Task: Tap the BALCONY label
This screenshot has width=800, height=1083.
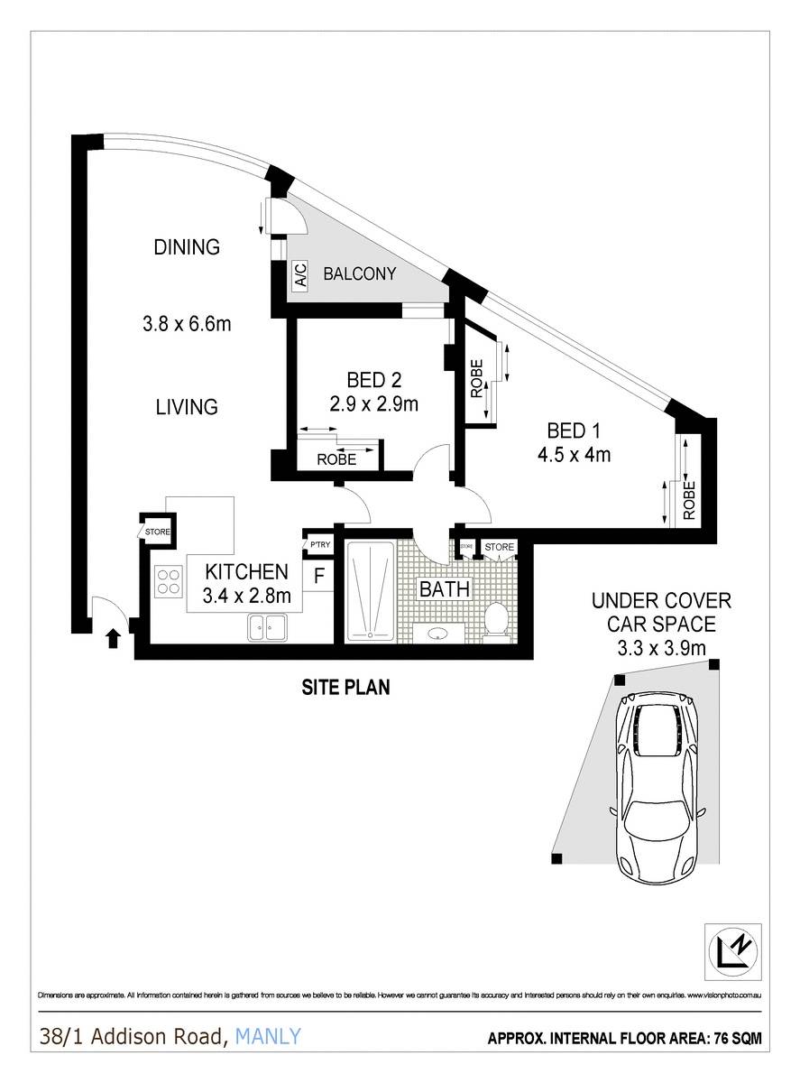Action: click(360, 274)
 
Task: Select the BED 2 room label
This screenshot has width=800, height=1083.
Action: click(373, 379)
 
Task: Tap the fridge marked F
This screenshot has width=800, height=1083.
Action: click(318, 575)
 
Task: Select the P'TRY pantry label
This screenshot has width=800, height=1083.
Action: click(319, 545)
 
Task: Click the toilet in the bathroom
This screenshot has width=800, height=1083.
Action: click(495, 621)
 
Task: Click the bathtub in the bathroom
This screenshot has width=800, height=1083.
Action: click(371, 591)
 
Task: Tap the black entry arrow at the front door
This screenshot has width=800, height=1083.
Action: click(113, 638)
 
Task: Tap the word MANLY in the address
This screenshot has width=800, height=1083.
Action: click(268, 1037)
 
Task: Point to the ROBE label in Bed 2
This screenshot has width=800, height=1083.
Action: click(336, 459)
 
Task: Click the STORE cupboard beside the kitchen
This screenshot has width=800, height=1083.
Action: click(156, 532)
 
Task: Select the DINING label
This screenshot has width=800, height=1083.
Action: click(187, 246)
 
